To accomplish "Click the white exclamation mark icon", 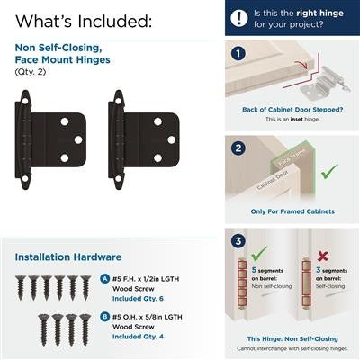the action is tap(239, 18).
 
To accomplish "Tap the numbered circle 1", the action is tap(238, 54).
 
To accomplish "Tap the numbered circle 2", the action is tap(238, 148).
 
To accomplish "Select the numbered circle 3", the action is tap(238, 241).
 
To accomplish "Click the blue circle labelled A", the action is tap(105, 279).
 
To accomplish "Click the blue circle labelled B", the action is tap(105, 317).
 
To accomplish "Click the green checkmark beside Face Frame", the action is tap(329, 171).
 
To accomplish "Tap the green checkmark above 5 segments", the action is tap(260, 253).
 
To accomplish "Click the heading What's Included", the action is tap(84, 21).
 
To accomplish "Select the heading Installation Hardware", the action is tap(68, 257).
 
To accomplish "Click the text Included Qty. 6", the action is tap(138, 298).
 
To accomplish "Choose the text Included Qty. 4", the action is tap(138, 336).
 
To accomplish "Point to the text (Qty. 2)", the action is tap(31, 72).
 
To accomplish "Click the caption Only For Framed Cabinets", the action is tap(292, 211).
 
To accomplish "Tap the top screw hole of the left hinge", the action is tap(25, 101).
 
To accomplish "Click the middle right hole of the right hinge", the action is tap(172, 140).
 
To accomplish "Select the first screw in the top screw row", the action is tap(21, 288).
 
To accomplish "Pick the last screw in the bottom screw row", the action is tap(85, 329).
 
